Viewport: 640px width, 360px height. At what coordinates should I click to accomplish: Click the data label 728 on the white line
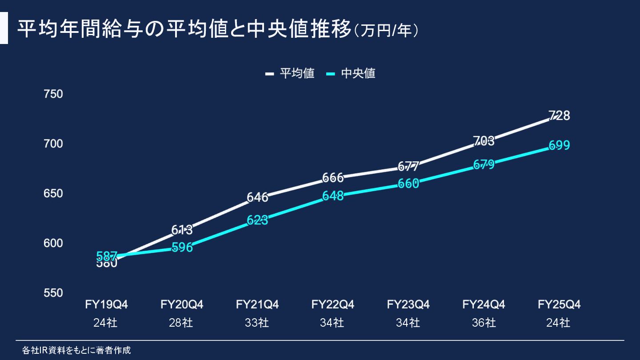(559, 116)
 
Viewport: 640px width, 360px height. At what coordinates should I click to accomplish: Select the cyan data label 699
(559, 145)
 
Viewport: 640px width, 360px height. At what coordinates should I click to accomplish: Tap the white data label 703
(484, 141)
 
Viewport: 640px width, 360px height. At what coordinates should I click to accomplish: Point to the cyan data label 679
(484, 165)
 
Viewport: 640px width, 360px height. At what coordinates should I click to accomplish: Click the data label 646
(257, 197)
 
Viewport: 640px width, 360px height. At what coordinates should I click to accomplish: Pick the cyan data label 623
(257, 220)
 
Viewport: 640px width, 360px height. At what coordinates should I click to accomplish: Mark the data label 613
(182, 230)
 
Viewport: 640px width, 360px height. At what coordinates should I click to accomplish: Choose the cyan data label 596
(182, 248)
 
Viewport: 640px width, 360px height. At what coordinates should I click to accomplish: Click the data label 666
(333, 178)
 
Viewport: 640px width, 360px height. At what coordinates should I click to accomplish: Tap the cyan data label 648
(333, 196)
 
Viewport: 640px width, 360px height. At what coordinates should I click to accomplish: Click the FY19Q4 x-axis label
(106, 305)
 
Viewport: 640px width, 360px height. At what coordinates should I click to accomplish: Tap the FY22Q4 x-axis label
(333, 305)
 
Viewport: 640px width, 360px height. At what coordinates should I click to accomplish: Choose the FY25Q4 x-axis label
(559, 305)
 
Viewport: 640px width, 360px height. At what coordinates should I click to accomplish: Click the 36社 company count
(484, 323)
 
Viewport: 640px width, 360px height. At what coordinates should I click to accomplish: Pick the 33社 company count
(257, 323)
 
